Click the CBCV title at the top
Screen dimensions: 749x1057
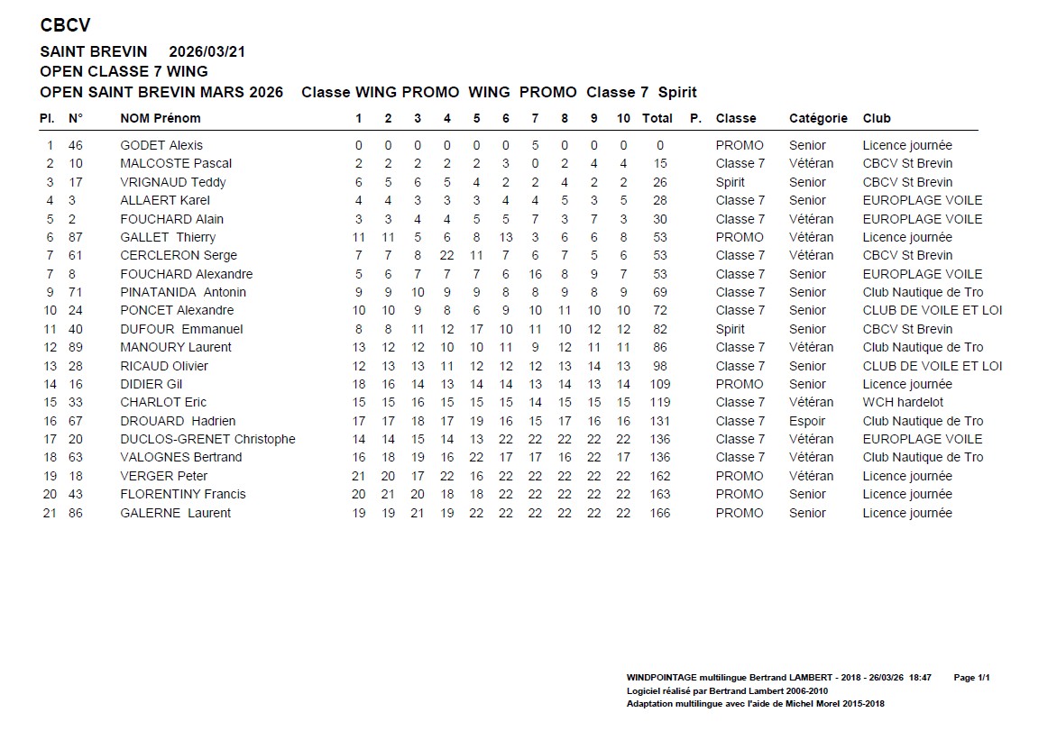[65, 25]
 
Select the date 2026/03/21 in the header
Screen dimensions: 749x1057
[207, 51]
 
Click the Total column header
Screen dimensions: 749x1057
[657, 118]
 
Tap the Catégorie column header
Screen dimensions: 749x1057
[818, 118]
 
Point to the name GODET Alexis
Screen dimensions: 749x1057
[161, 145]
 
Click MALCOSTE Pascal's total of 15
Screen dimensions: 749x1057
[660, 163]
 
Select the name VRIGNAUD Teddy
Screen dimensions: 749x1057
[173, 182]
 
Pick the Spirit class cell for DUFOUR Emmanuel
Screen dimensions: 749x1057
[730, 329]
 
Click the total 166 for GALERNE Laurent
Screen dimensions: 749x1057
[659, 513]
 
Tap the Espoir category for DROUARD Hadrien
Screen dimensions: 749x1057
[807, 421]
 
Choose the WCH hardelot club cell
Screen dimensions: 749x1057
[903, 402]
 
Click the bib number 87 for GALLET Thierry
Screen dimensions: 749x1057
[76, 237]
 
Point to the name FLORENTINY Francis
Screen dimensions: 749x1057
[183, 494]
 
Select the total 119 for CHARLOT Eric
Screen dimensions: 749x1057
[659, 402]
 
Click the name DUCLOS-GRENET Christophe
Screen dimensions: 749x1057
[207, 439]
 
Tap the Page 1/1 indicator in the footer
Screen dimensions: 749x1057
[971, 677]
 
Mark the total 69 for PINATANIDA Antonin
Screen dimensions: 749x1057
[660, 292]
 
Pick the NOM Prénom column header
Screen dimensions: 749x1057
[161, 118]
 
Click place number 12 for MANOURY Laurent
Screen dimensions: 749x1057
[50, 347]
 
